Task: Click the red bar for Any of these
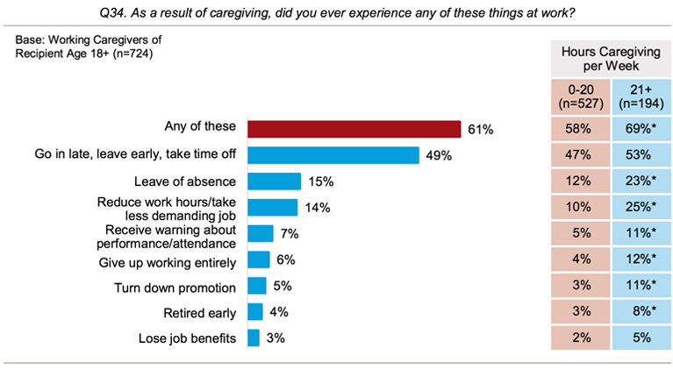pyautogui.click(x=354, y=129)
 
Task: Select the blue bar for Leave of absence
pyautogui.click(x=274, y=181)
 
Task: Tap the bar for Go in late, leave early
pyautogui.click(x=333, y=155)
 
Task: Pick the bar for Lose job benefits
pyautogui.click(x=254, y=338)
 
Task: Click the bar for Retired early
pyautogui.click(x=255, y=311)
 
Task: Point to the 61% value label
pyautogui.click(x=480, y=130)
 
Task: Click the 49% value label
pyautogui.click(x=439, y=156)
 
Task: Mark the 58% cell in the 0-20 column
pyautogui.click(x=578, y=129)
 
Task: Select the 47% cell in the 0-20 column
pyautogui.click(x=578, y=155)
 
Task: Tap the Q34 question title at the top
pyautogui.click(x=336, y=11)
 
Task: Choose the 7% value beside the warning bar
pyautogui.click(x=290, y=234)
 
